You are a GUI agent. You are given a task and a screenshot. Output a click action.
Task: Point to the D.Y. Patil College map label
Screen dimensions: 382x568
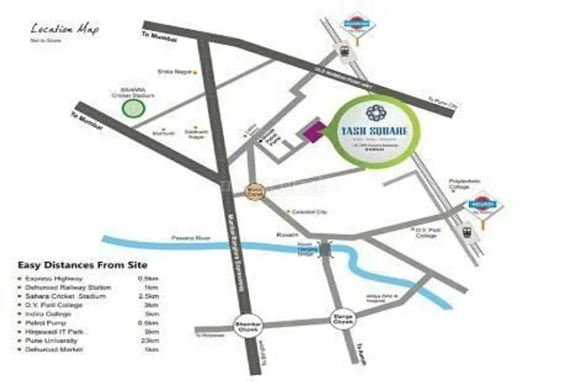tap(428, 232)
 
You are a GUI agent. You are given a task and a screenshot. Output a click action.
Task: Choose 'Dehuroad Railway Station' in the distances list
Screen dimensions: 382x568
tap(69, 286)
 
